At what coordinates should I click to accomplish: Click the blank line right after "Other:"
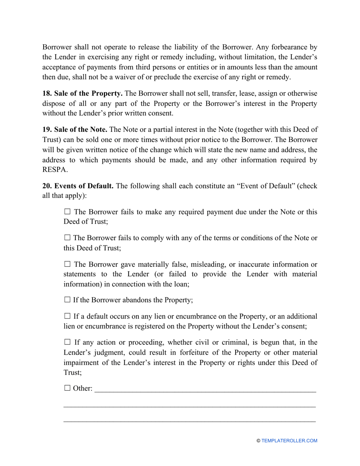coord(205,390)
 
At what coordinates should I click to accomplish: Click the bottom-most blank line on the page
coord(189,421)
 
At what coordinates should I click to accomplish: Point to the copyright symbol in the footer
coord(258,441)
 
